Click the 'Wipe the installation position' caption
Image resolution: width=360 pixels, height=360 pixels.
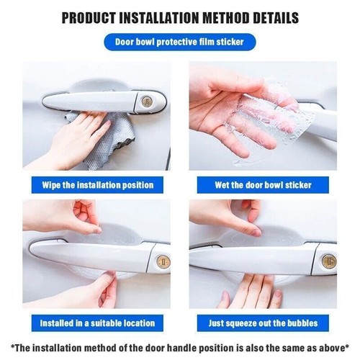click(x=96, y=185)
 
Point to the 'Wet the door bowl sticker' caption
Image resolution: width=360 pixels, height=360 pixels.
click(x=263, y=185)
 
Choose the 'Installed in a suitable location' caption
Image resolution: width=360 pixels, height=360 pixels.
click(x=96, y=323)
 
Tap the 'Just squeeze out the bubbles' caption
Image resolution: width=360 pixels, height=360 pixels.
click(x=263, y=323)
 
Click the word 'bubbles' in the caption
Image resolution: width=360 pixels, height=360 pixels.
click(x=296, y=323)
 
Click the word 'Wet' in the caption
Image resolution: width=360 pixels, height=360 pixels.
click(x=224, y=185)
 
